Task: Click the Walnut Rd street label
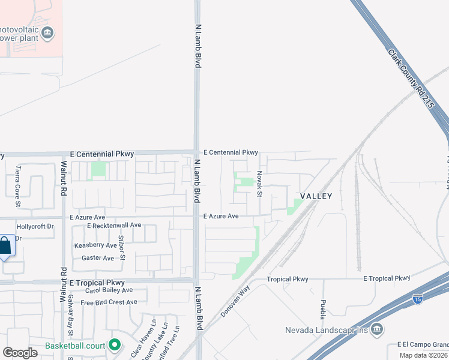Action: point(62,171)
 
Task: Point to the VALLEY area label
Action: point(316,196)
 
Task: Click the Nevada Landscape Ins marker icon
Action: point(376,329)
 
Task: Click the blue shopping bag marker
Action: point(4,245)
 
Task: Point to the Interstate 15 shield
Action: point(418,298)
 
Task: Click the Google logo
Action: point(20,353)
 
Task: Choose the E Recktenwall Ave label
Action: point(114,226)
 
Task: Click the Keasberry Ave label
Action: point(95,245)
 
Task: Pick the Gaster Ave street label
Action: point(98,258)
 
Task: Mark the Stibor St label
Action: point(122,248)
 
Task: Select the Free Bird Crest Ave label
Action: point(109,302)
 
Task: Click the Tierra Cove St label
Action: point(18,187)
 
